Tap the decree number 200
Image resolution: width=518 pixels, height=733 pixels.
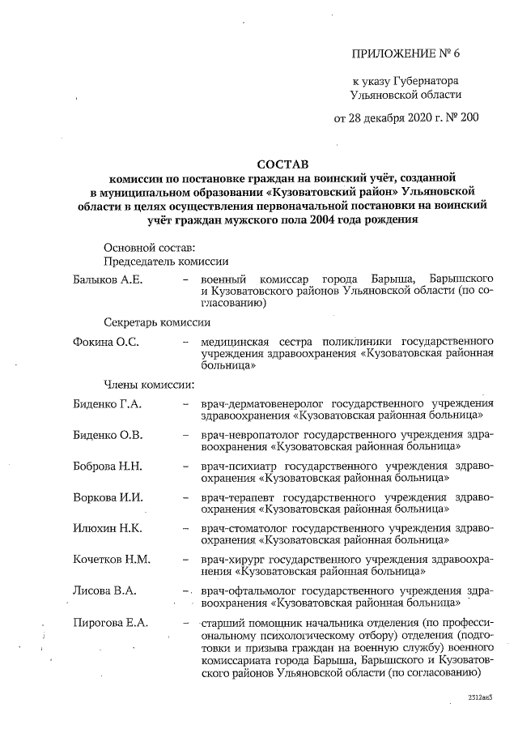[x=469, y=117]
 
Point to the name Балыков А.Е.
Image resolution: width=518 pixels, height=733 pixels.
[x=107, y=280]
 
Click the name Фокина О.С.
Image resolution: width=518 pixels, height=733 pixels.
[x=105, y=343]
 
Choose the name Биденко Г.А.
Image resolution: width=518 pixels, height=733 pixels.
[x=107, y=404]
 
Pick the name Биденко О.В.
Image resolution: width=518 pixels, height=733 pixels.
[x=107, y=435]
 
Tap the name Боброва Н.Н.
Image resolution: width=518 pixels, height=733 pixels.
[x=107, y=466]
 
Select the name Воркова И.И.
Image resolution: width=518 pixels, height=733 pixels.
[x=107, y=496]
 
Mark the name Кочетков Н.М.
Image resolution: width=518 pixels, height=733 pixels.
[x=111, y=559]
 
